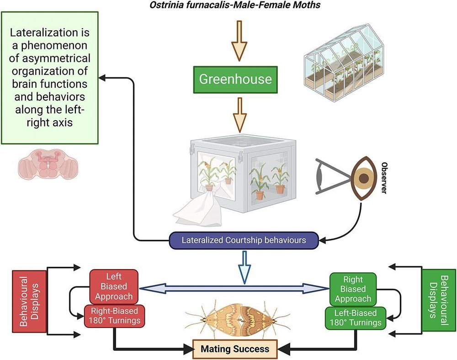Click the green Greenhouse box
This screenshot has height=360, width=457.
click(x=235, y=79)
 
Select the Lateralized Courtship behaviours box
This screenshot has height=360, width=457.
click(x=244, y=239)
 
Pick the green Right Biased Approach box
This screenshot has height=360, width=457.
click(x=353, y=288)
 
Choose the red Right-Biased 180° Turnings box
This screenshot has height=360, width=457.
click(x=115, y=315)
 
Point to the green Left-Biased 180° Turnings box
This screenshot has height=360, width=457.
click(x=355, y=318)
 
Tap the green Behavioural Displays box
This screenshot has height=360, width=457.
click(x=435, y=296)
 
